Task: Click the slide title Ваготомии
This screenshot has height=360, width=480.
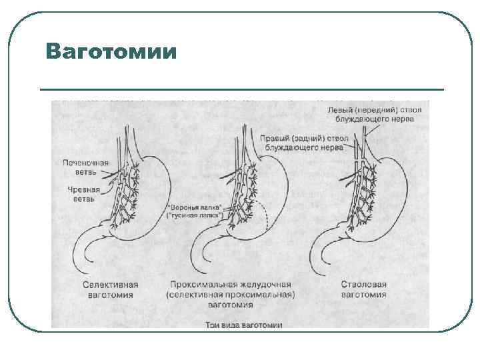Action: [112, 52]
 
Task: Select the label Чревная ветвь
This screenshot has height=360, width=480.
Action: [83, 193]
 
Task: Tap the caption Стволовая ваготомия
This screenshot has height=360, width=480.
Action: [363, 289]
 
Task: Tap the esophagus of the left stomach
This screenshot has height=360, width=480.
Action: [123, 143]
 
